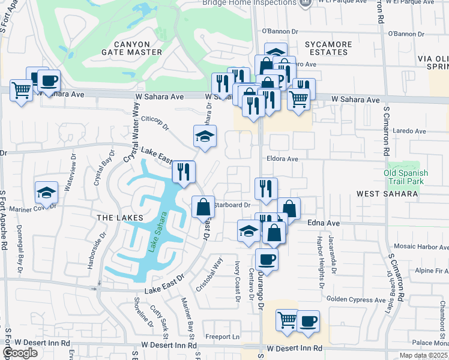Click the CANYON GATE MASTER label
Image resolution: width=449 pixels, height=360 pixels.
[x=129, y=47]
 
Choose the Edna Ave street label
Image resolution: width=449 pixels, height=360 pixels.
[x=324, y=223]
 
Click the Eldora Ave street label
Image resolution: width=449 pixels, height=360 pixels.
[x=283, y=159]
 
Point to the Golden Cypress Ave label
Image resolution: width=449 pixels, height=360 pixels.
[x=356, y=299]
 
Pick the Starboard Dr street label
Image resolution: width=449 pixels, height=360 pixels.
[x=232, y=205]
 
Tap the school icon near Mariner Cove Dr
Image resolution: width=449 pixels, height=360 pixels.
[x=46, y=193]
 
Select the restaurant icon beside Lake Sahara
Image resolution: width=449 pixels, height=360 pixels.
[x=184, y=172]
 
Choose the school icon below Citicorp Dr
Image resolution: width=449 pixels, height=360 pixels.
[x=205, y=136]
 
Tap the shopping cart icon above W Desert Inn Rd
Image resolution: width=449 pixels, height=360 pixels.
[x=287, y=319]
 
